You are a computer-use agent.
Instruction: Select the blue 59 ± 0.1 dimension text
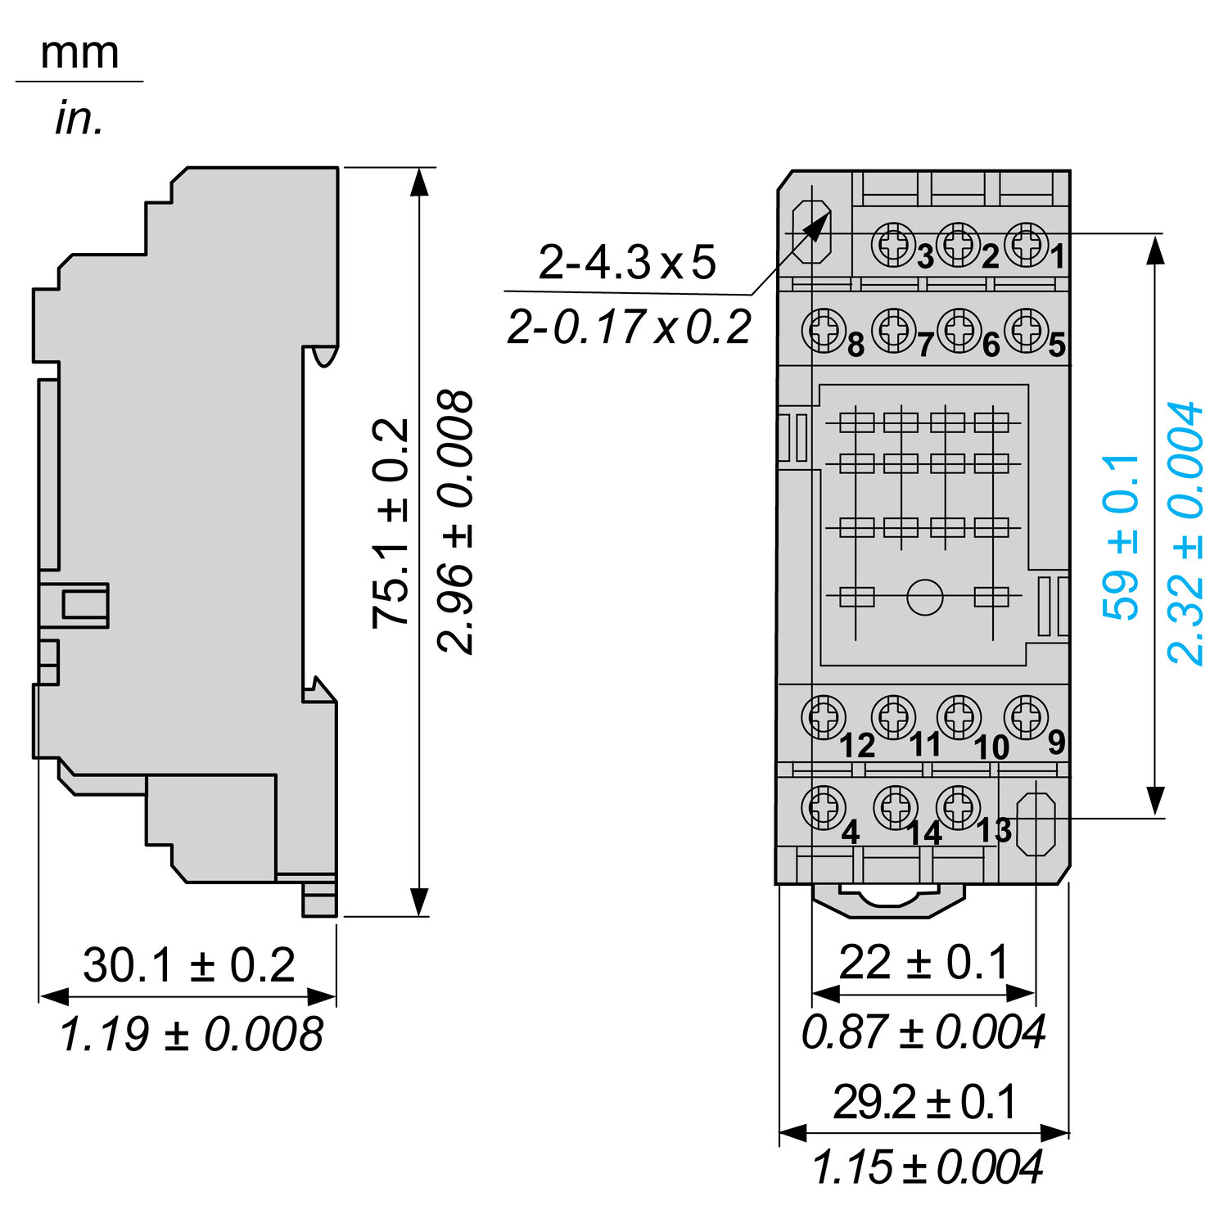[1121, 537]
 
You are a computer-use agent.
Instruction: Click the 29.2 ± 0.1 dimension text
[924, 1102]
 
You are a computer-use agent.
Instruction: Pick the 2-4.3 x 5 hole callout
[627, 262]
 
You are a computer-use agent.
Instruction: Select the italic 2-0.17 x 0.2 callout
[629, 327]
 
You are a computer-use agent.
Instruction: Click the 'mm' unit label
[79, 53]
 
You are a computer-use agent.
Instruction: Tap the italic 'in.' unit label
[79, 119]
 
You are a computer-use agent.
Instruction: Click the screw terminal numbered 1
[1027, 244]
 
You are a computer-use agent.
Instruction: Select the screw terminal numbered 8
[823, 331]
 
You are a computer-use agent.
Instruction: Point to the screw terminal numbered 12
[823, 718]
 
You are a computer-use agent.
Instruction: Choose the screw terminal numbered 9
[1026, 717]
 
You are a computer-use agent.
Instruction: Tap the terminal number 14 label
[924, 833]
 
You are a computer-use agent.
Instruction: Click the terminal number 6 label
[991, 345]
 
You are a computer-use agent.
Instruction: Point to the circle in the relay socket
[925, 597]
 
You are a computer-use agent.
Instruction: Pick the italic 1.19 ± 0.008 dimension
[191, 1034]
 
